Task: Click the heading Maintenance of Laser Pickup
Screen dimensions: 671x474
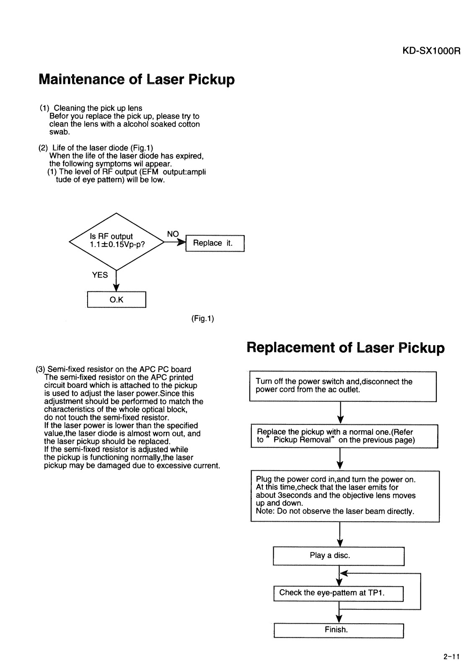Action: pos(136,79)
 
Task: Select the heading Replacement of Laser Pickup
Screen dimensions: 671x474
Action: pos(345,348)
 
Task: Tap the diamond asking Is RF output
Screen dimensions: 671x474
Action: pos(116,242)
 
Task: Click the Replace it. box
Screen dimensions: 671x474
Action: pos(215,243)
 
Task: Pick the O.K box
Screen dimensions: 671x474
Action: pos(117,299)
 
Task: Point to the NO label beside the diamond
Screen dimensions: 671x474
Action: pos(173,234)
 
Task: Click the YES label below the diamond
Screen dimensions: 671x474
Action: pos(100,275)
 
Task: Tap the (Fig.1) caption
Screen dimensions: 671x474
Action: pos(202,319)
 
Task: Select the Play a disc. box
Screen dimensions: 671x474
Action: pos(339,556)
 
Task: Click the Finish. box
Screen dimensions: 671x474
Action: pos(339,630)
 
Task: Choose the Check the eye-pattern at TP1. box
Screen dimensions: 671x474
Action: pos(338,593)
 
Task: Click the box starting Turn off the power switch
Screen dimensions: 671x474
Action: pos(343,386)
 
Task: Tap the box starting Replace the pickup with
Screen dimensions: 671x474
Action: pos(344,436)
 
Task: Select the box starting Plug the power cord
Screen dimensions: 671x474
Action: pos(344,496)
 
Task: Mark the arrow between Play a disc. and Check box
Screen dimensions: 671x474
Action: pos(340,576)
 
